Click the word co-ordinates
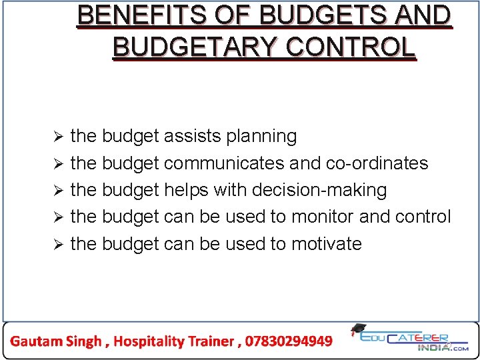tap(377, 163)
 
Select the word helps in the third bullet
tap(186, 190)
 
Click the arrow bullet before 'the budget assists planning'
tap(58, 137)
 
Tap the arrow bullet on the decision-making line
tap(58, 191)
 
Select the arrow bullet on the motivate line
tap(58, 245)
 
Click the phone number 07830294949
tap(289, 341)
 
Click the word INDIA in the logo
tap(433, 347)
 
